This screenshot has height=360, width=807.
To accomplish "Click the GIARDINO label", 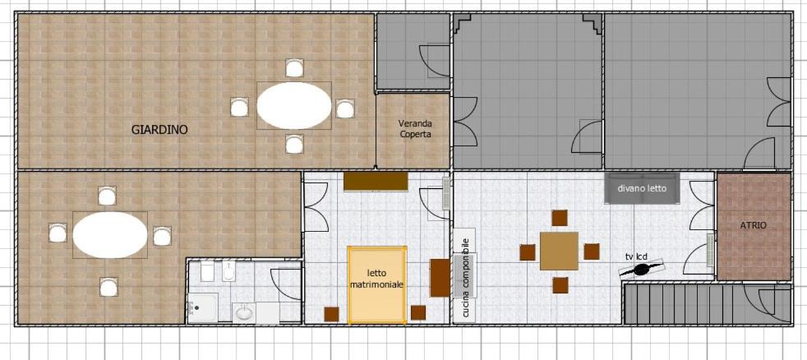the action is (159, 130).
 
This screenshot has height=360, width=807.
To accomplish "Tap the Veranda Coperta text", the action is (415, 129).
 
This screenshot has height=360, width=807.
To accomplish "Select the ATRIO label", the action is (754, 225).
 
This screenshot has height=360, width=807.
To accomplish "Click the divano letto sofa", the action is (642, 188).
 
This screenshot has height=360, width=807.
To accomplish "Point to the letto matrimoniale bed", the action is (377, 285).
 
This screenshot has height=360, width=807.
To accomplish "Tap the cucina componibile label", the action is (465, 277).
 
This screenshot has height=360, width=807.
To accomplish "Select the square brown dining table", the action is (559, 251).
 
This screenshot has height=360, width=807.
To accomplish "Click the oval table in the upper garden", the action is (294, 105).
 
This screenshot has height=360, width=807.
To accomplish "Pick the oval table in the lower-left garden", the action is (110, 235).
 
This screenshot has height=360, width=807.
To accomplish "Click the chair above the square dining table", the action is (560, 218).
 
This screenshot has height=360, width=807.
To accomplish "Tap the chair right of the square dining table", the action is (592, 252).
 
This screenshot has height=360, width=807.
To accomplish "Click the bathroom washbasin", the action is (244, 312).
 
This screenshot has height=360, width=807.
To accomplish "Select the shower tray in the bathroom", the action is (202, 307).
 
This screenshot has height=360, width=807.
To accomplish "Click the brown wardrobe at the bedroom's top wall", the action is (376, 182).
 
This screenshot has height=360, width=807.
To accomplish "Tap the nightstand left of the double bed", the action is (331, 314).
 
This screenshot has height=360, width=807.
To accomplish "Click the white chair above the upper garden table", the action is (294, 67).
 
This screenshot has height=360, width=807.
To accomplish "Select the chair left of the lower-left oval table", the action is (58, 233).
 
